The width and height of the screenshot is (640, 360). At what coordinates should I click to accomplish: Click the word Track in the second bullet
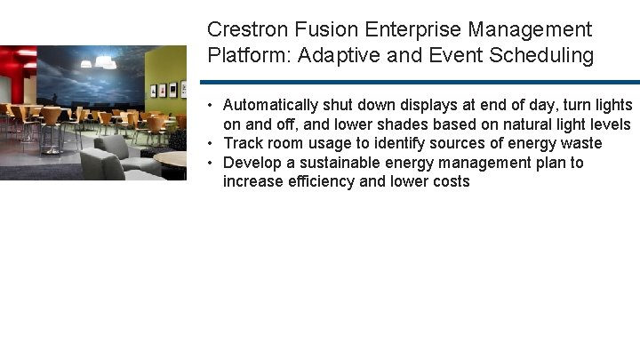[241, 143]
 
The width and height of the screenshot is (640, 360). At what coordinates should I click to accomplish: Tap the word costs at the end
[450, 181]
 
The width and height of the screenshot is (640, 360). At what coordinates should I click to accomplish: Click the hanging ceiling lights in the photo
[100, 62]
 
